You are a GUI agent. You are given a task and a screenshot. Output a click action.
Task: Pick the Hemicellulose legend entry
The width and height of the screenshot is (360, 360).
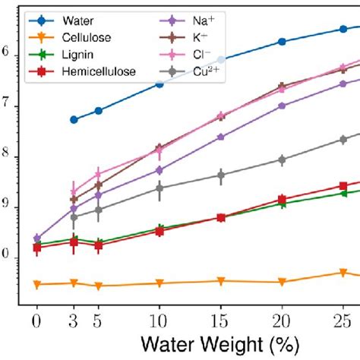[99, 71]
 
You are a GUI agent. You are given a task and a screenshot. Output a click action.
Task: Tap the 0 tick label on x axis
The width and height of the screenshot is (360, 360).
[36, 320]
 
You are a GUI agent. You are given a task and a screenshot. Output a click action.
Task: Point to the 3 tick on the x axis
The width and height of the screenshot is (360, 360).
[74, 320]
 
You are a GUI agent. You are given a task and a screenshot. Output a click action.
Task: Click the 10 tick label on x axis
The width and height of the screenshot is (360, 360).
[159, 320]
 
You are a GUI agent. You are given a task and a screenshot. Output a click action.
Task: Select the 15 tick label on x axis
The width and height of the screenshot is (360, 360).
[221, 320]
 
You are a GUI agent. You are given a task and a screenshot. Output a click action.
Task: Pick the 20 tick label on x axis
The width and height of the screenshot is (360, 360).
[282, 320]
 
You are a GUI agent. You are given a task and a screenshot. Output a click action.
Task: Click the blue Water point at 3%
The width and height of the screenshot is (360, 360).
[74, 119]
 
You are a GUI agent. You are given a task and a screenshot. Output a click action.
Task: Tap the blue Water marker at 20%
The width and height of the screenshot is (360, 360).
[282, 42]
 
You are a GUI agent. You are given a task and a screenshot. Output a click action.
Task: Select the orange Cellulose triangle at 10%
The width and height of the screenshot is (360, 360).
[159, 283]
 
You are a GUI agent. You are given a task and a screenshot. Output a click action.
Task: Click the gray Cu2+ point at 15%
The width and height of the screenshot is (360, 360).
[221, 175]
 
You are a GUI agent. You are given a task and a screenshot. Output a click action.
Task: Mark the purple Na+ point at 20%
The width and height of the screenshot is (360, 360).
[282, 106]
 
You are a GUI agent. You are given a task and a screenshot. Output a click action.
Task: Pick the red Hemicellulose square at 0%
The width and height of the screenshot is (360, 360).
[36, 248]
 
